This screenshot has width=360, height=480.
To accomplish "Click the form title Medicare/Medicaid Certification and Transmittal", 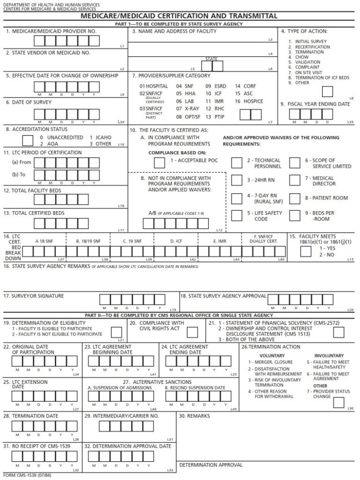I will pyautogui.click(x=180, y=16).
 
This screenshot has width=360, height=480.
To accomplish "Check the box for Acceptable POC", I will pyautogui.click(x=159, y=162).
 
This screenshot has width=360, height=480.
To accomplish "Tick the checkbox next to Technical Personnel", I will pyautogui.click(x=237, y=162).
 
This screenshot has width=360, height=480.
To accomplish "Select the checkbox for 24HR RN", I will pyautogui.click(x=237, y=180).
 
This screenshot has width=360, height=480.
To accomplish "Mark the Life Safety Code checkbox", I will pyautogui.click(x=237, y=215).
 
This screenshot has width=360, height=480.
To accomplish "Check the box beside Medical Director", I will pyautogui.click(x=294, y=180).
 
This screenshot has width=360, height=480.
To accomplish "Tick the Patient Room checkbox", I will pyautogui.click(x=294, y=198).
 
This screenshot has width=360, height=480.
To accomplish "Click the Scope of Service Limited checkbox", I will pyautogui.click(x=294, y=162).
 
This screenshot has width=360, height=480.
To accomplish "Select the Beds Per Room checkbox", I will pyautogui.click(x=294, y=215).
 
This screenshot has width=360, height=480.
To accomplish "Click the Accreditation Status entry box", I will pyautogui.click(x=28, y=140).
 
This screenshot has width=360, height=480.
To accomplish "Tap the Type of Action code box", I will pyautogui.click(x=327, y=91).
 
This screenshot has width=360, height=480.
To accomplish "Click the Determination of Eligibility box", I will pyautogui.click(x=116, y=332).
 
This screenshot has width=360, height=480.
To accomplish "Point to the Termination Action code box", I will pyautogui.click(x=338, y=402).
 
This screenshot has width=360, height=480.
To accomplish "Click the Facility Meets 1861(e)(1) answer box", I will pyautogui.click(x=306, y=251).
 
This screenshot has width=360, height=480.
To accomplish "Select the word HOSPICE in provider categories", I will pyautogui.click(x=253, y=101).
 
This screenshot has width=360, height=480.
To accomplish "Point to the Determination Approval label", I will pyautogui.click(x=211, y=465).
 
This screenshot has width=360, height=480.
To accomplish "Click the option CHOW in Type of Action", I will pyautogui.click(x=301, y=57).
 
